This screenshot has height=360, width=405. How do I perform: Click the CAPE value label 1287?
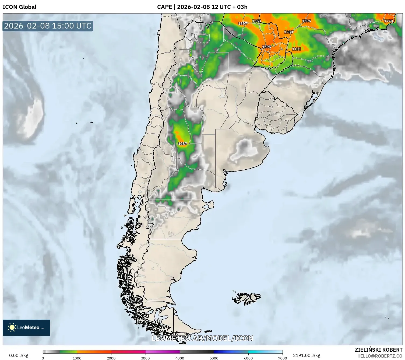point(182,144)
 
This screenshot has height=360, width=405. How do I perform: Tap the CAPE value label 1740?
point(388,21)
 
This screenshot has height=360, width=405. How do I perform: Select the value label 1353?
point(256,21)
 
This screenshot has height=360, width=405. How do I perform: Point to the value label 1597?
point(242,23)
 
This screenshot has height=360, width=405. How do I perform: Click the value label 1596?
point(307,21)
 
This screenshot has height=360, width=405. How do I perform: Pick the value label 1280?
point(288,32)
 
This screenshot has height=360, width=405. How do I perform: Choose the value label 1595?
point(267,47)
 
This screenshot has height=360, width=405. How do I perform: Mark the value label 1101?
point(297,49)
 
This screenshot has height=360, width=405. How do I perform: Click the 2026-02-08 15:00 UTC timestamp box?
point(48,26)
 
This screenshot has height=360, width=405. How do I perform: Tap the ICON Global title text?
point(19,7)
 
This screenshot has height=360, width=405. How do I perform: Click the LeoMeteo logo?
point(26,327)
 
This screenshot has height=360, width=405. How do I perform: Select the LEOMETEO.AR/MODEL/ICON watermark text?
point(202,338)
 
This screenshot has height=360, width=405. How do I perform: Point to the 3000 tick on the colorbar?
point(146,358)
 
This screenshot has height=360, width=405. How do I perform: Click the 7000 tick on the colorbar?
point(283,358)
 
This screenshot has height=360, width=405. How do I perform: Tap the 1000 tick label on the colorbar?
point(77,358)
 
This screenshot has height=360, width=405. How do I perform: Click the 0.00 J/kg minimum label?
point(19,355)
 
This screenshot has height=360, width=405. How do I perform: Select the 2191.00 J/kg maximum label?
point(307,355)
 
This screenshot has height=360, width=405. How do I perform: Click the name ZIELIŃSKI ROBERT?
point(378,350)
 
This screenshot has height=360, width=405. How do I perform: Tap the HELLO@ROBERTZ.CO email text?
point(380,356)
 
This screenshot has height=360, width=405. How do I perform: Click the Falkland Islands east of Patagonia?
point(246,298)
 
